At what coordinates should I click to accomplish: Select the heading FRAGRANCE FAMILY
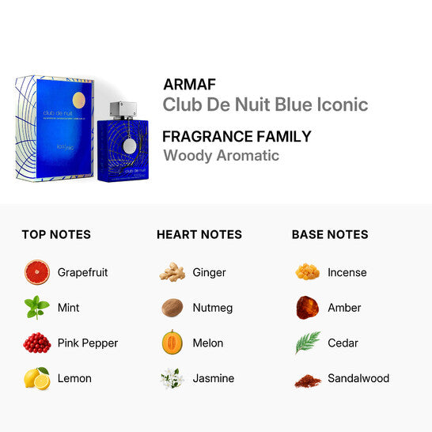point(237,135)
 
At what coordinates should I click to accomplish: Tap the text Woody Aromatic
point(221,155)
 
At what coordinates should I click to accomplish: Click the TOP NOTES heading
point(56,234)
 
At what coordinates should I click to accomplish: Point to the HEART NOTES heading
point(199,234)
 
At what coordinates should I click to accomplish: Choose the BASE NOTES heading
point(330,234)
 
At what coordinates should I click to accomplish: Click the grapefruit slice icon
point(37,272)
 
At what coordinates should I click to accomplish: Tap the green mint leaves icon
point(37,308)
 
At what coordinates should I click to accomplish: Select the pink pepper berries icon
point(37,343)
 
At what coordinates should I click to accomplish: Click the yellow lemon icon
point(37,378)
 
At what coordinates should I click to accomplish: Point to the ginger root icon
point(172,272)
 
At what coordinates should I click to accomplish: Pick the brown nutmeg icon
point(172,308)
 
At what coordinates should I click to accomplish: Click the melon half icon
point(172,343)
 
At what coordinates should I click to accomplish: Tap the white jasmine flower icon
point(172,378)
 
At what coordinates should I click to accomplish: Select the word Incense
point(347,272)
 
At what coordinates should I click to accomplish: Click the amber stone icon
point(307,307)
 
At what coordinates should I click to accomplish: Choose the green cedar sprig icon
point(307,343)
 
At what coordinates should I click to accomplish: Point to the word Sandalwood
point(358,378)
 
